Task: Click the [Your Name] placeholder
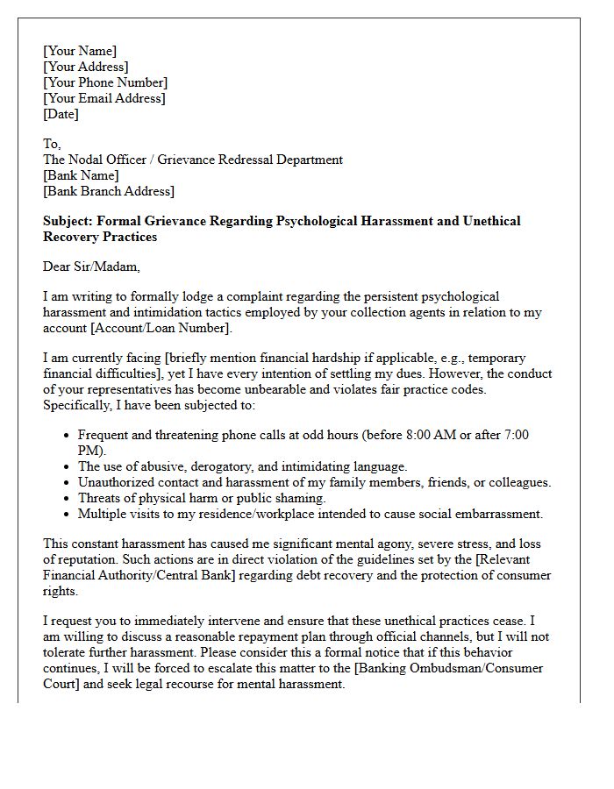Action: click(80, 51)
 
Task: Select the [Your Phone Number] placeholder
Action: click(104, 82)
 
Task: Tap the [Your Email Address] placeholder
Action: click(104, 98)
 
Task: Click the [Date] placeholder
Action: click(61, 114)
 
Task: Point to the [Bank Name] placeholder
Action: click(81, 175)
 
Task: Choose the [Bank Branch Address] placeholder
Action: click(109, 191)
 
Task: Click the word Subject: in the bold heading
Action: click(71, 221)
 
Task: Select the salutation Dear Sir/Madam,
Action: click(91, 267)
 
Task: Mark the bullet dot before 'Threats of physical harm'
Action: click(68, 499)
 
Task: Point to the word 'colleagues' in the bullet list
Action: click(517, 482)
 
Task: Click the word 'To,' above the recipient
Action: click(52, 144)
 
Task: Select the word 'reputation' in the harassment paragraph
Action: click(89, 559)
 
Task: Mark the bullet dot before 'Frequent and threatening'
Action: click(68, 436)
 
